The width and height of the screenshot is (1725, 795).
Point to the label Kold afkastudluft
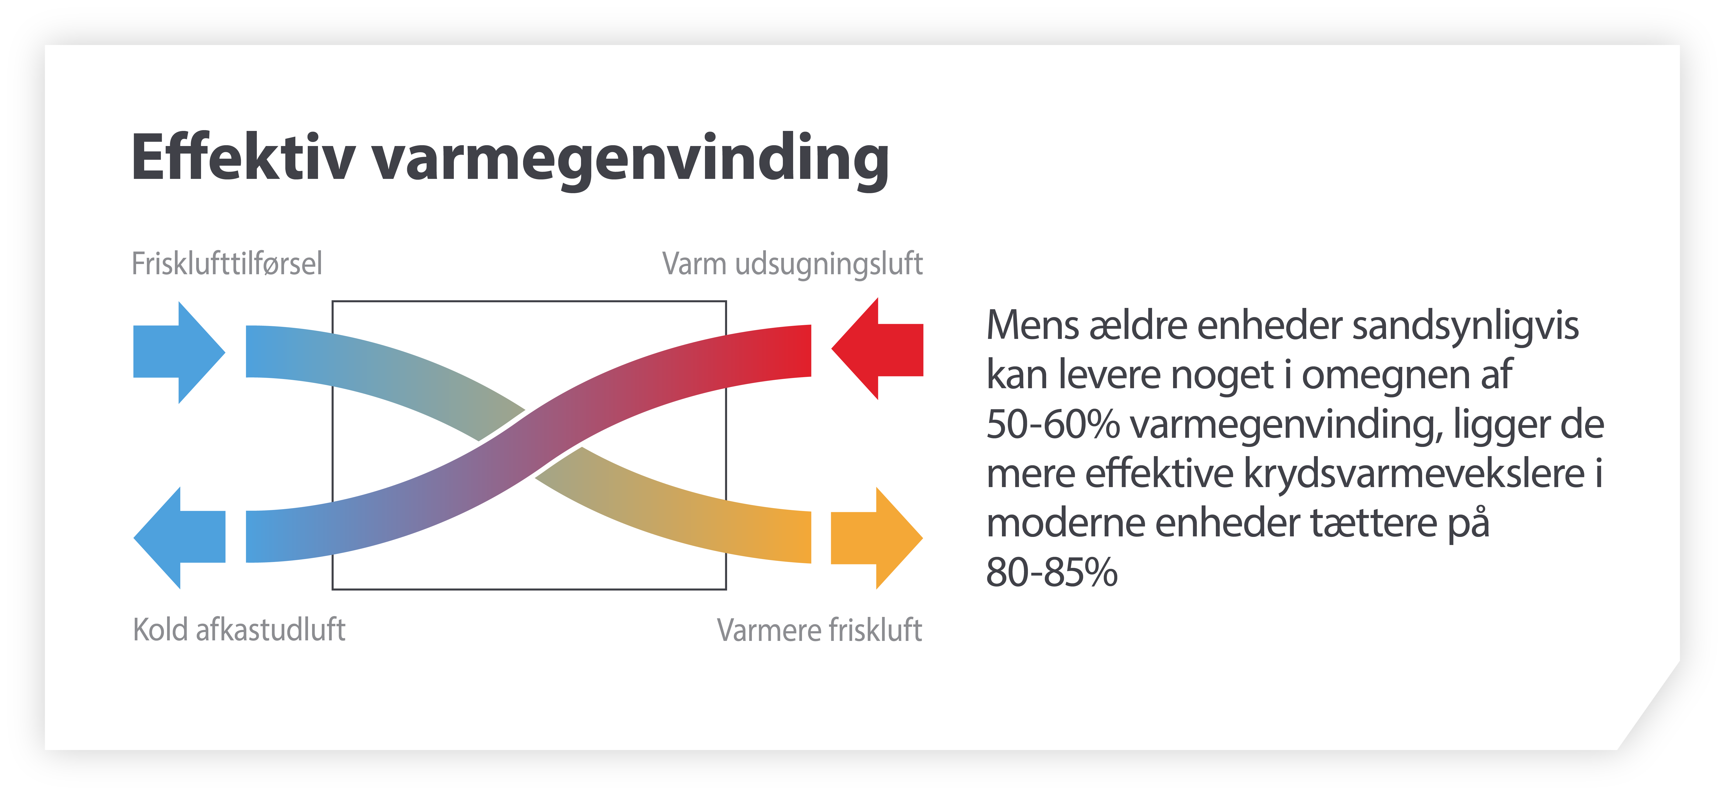click(x=239, y=630)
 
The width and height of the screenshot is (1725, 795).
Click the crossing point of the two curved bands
click(x=529, y=443)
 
